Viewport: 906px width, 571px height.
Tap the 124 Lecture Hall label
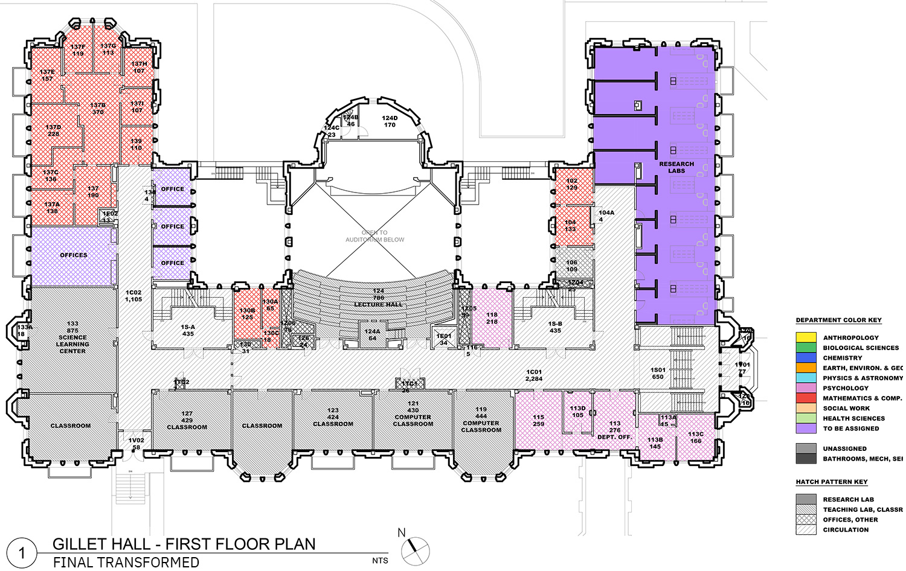click(378, 298)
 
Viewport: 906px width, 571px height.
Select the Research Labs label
click(676, 167)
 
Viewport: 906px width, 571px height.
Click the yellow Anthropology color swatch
click(806, 337)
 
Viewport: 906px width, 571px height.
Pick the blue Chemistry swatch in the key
click(806, 358)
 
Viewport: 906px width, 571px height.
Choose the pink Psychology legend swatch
click(806, 388)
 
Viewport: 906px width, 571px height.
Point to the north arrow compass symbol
click(416, 549)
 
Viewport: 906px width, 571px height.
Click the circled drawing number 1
click(22, 553)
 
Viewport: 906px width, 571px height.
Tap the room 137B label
click(98, 109)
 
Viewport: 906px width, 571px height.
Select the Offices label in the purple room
click(74, 255)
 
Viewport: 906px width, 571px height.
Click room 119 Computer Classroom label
click(481, 419)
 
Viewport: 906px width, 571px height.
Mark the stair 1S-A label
click(188, 330)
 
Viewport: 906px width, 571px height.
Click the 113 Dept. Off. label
click(615, 430)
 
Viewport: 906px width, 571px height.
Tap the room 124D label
click(390, 121)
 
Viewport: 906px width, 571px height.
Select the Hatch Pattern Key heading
click(832, 482)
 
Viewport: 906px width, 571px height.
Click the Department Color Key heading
click(838, 320)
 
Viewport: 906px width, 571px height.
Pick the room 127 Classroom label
click(187, 421)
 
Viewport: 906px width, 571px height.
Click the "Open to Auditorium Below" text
click(374, 236)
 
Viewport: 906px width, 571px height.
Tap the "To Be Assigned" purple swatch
click(806, 429)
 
